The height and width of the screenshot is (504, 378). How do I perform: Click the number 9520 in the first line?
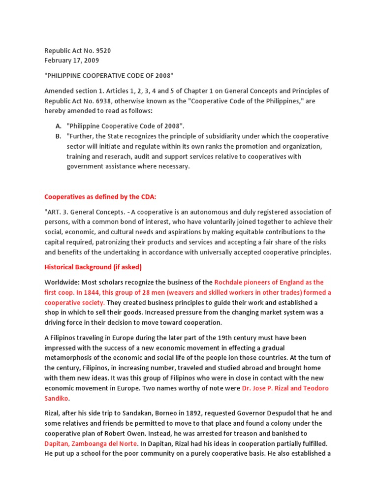(109, 51)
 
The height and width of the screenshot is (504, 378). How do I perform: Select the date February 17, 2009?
(71, 61)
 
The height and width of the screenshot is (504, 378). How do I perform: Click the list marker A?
(58, 126)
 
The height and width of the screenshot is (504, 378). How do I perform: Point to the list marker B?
(58, 136)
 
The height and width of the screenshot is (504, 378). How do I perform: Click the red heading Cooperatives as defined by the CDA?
(100, 197)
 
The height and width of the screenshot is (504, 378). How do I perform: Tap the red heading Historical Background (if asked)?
(93, 267)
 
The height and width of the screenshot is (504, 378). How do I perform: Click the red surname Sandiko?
(59, 398)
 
